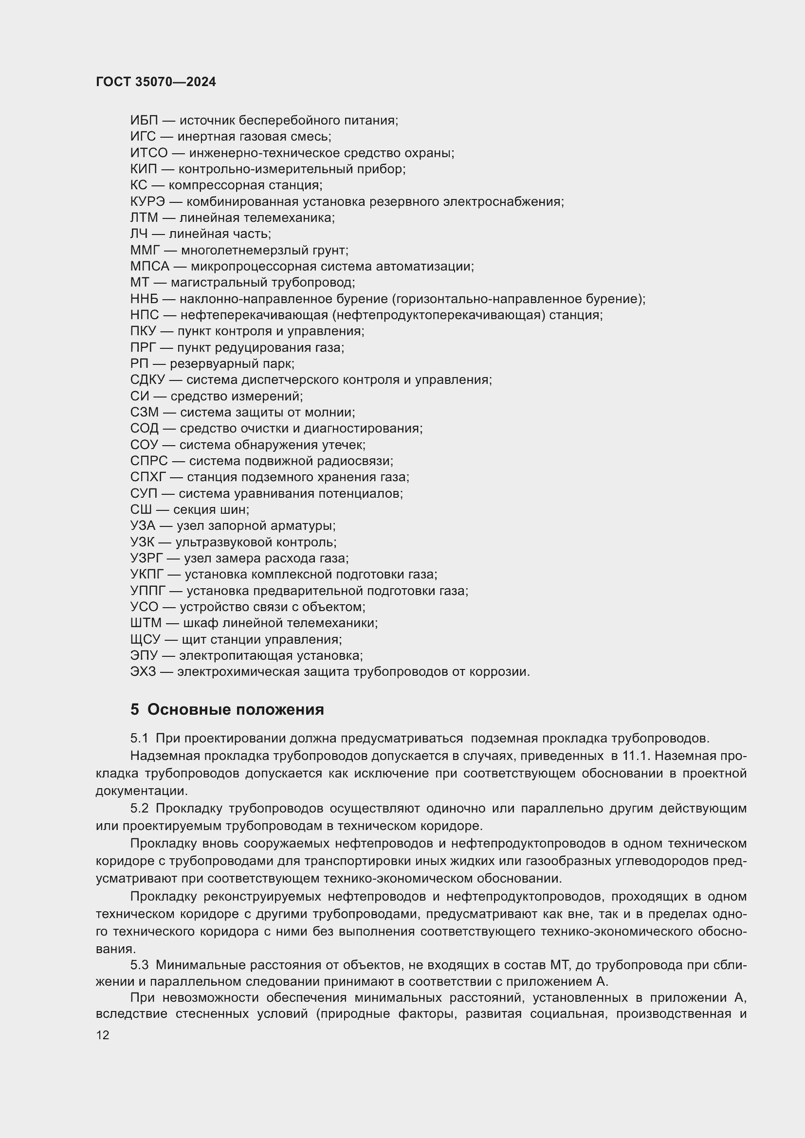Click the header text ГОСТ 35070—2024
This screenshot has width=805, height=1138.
click(x=156, y=82)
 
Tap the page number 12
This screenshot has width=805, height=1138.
click(x=103, y=1035)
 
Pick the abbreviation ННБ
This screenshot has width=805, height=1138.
click(x=144, y=299)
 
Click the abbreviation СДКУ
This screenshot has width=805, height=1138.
click(x=147, y=379)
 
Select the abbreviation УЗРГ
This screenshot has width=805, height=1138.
click(x=146, y=558)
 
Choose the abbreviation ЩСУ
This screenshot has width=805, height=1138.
click(x=146, y=639)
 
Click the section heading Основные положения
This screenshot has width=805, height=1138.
click(x=236, y=709)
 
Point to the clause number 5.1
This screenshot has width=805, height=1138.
click(x=139, y=738)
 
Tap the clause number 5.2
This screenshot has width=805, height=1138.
click(x=139, y=809)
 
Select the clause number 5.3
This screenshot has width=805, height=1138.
click(x=139, y=965)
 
